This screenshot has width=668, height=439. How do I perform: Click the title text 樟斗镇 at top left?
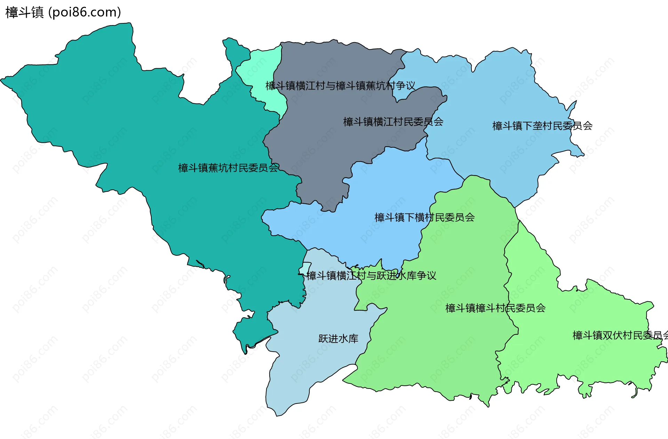(x=24, y=13)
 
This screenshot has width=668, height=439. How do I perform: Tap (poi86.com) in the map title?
(x=85, y=13)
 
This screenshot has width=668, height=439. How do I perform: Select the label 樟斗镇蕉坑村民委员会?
(x=228, y=168)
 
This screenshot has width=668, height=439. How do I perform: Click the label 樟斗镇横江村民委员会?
(x=393, y=122)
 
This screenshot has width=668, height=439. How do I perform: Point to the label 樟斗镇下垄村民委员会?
(x=542, y=126)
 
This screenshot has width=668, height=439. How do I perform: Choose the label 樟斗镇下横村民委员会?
(x=424, y=218)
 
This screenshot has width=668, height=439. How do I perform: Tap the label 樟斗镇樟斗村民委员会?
(x=495, y=308)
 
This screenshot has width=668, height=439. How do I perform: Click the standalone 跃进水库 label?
(x=338, y=339)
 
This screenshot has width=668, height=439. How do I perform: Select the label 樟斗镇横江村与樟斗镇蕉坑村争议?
(x=340, y=86)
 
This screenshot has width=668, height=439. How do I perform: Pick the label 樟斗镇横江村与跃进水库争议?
(x=371, y=276)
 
